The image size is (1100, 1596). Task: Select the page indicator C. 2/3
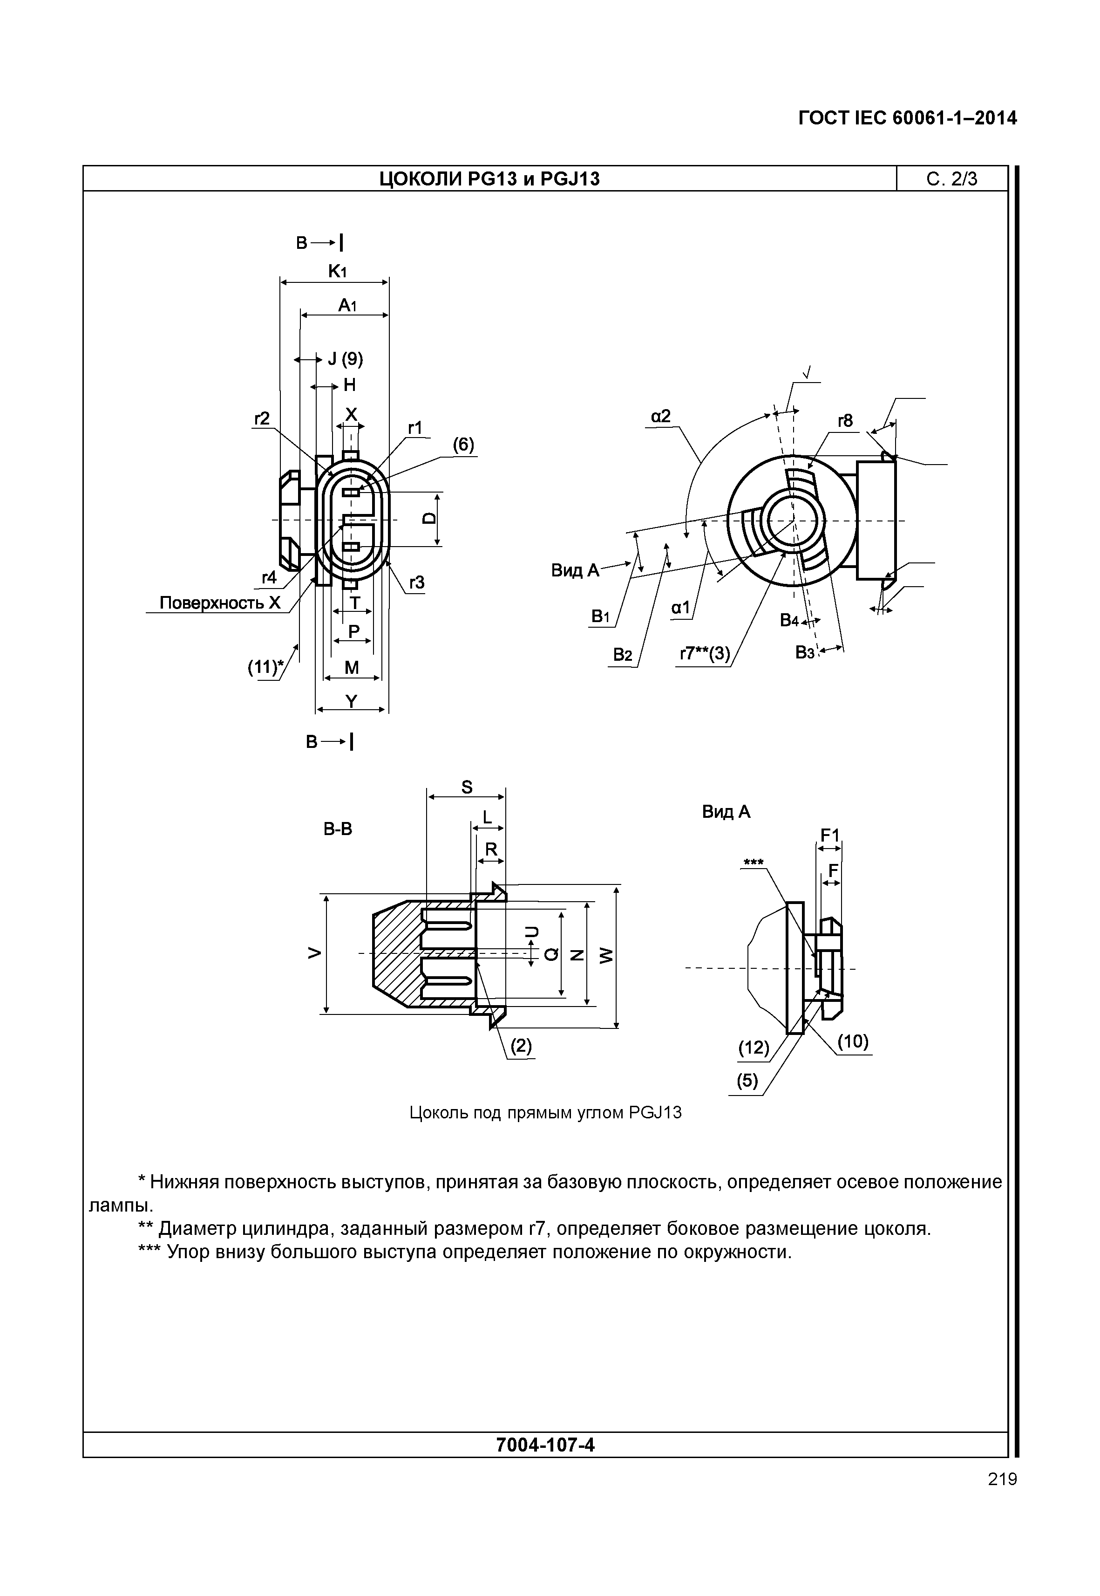pos(952,179)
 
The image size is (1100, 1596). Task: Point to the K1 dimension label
pos(337,272)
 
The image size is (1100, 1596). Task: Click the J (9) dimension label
pos(345,359)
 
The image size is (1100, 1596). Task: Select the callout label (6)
pos(463,445)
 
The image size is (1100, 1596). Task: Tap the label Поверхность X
pos(220,603)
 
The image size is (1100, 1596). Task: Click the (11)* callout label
pos(265,667)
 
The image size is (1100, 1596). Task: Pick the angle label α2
pos(660,416)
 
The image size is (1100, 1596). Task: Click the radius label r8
pos(845,421)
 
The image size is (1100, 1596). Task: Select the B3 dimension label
pos(804,652)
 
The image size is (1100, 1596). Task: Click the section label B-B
pos(338,829)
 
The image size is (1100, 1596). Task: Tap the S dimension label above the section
pos(467,787)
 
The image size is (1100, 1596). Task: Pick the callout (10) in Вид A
pos(853,1041)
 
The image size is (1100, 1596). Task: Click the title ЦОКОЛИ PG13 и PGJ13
pos(489,179)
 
